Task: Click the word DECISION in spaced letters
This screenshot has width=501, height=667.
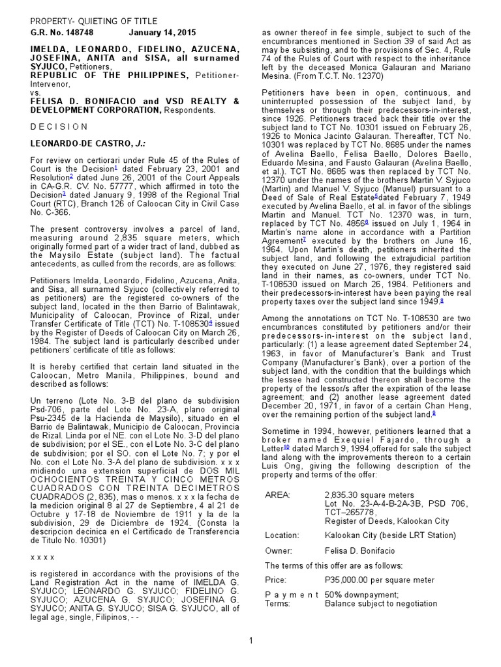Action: (x=58, y=126)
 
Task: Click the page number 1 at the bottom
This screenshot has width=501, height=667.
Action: (x=250, y=641)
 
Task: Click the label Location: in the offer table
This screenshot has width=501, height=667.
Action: (x=282, y=535)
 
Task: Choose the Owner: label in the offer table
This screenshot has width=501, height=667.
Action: (x=279, y=550)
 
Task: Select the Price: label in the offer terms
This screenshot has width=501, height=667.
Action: (x=277, y=580)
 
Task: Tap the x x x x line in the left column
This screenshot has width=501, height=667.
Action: (x=42, y=557)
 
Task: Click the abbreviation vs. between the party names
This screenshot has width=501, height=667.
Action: (x=35, y=92)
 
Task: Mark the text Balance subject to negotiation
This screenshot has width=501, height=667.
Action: (x=381, y=603)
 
